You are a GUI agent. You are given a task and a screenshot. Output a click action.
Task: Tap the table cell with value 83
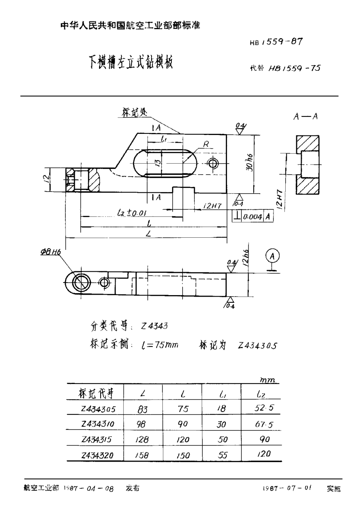[143, 409]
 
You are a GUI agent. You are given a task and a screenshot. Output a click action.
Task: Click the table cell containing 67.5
[264, 424]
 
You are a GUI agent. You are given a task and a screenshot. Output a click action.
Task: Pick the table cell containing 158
[143, 455]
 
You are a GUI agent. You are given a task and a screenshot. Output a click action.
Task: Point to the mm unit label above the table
[267, 380]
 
